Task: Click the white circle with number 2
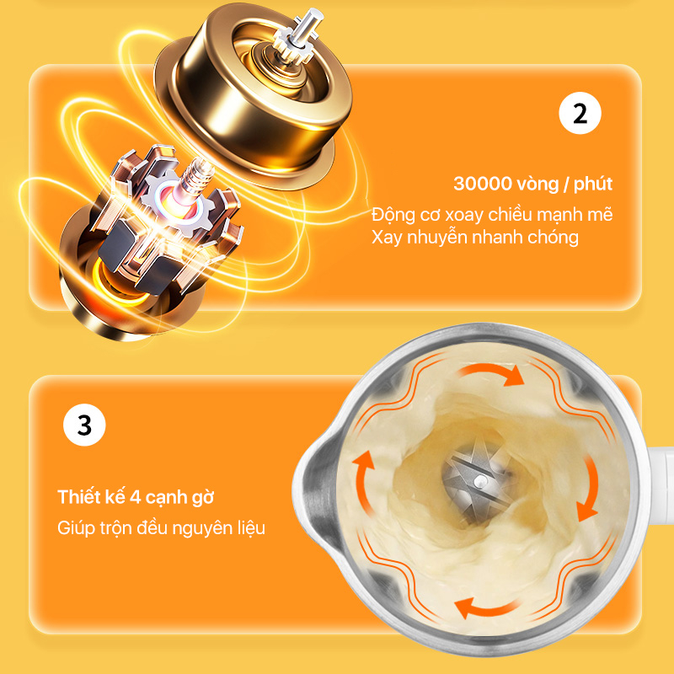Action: pos(580,113)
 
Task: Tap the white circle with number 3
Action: pos(84,425)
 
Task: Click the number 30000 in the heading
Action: pos(482,184)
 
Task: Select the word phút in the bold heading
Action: pos(593,184)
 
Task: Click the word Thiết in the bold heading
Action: pos(79,497)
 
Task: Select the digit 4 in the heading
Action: pos(136,497)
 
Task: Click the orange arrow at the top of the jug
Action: pos(491,374)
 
